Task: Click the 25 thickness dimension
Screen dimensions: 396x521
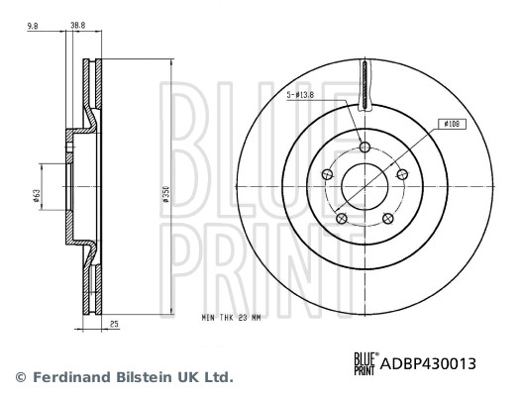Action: [x=114, y=322]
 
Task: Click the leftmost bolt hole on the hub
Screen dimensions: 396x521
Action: [x=327, y=175]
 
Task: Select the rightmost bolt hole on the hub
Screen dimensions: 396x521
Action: [x=401, y=175]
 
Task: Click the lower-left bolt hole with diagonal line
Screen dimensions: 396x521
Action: [x=341, y=219]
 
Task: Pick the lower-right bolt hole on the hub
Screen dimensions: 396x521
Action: [x=387, y=219]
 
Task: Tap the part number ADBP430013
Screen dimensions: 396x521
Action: [x=429, y=364]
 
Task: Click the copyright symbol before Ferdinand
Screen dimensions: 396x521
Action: [x=20, y=377]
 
